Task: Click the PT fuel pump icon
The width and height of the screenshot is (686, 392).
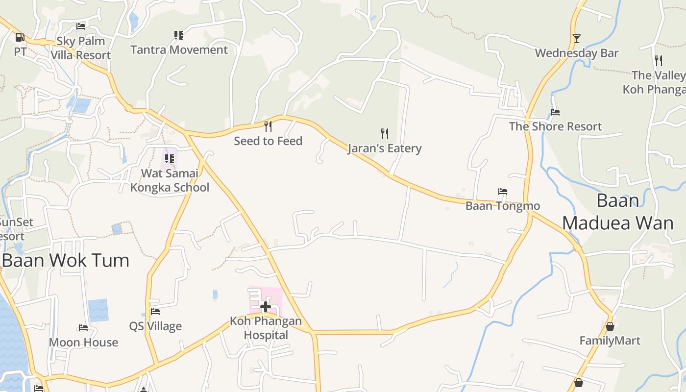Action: coord(20,37)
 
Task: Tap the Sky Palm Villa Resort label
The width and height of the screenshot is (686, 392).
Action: coord(81,48)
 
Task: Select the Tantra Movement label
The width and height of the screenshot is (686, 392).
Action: coord(179,50)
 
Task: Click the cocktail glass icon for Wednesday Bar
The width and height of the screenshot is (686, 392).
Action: coord(577,38)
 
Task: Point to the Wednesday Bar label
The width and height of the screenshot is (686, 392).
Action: coord(577,53)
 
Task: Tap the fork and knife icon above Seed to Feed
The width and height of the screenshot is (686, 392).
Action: coord(268,126)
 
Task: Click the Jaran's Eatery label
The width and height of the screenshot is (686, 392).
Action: coord(385,148)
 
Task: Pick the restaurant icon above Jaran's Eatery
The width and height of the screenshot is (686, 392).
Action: coord(385,133)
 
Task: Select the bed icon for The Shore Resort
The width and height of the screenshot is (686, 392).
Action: coord(555,112)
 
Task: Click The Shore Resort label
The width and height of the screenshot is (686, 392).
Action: coord(555,126)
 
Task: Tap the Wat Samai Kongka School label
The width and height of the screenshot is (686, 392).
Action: coord(170,180)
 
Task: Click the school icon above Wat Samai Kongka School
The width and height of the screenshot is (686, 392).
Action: coord(170,158)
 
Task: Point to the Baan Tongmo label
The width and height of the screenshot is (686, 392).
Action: coord(502,206)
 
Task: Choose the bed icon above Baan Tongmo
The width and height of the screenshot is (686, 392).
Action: coord(502,191)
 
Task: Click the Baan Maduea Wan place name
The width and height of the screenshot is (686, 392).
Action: coord(617,212)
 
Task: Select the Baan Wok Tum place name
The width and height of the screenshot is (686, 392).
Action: coord(66,260)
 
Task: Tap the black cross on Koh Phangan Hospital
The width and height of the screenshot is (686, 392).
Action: coord(266,307)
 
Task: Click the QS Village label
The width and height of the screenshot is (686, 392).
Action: coord(155,326)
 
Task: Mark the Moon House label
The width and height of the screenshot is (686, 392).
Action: coord(83,343)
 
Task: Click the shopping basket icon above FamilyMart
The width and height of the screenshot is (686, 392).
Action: coord(610,326)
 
